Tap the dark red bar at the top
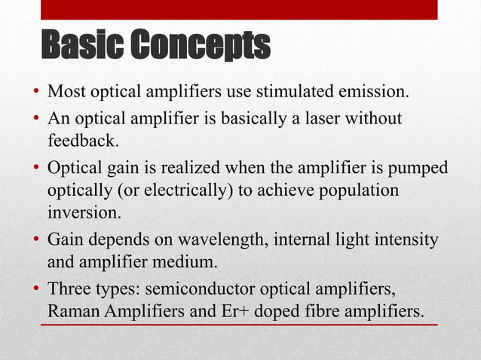pyautogui.click(x=238, y=9)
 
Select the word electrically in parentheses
pyautogui.click(x=194, y=190)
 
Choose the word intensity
pyautogui.click(x=405, y=239)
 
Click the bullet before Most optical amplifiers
pyautogui.click(x=35, y=94)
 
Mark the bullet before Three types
pyautogui.click(x=35, y=289)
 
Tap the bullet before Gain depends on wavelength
pyautogui.click(x=35, y=240)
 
